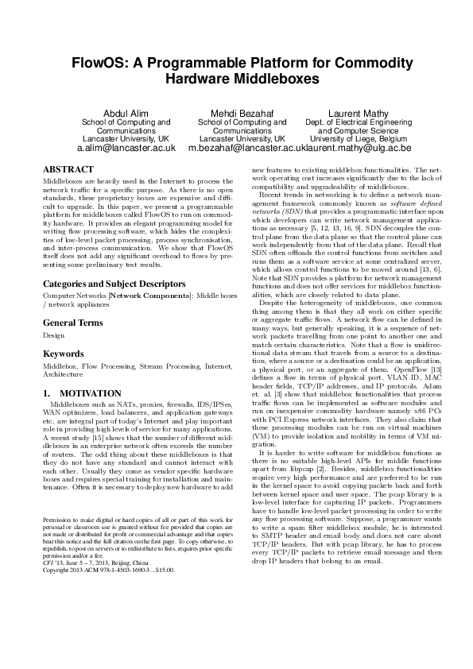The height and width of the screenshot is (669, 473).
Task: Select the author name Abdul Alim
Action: (126, 114)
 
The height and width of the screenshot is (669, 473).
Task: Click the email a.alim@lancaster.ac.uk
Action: (126, 148)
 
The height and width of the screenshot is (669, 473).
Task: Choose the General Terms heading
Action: (72, 300)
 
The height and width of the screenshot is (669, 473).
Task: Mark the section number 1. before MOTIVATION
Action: (47, 393)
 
